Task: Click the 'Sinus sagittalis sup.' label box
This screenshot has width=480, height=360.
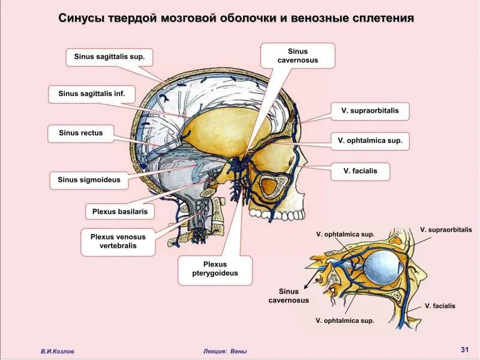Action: coord(109,58)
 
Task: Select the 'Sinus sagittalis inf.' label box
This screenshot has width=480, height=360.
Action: coord(91,94)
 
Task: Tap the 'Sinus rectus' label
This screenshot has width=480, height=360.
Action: coord(80,133)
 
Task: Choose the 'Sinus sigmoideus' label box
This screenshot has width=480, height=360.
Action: coord(89,179)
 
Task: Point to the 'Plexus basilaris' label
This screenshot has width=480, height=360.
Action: coord(120,212)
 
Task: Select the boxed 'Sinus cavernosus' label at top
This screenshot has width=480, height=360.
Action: coord(298,56)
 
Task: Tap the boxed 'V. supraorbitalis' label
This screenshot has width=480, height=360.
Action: coord(370,111)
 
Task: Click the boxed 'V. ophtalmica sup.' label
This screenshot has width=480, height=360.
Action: coord(370,141)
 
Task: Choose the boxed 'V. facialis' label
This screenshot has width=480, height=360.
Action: coord(361,171)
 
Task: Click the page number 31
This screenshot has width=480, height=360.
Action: coord(464,349)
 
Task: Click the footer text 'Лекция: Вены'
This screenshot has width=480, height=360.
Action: coord(225,352)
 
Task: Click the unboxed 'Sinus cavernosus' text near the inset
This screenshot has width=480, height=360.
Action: coord(289,296)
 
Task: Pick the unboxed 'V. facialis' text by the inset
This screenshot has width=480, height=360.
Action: coord(440,306)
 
